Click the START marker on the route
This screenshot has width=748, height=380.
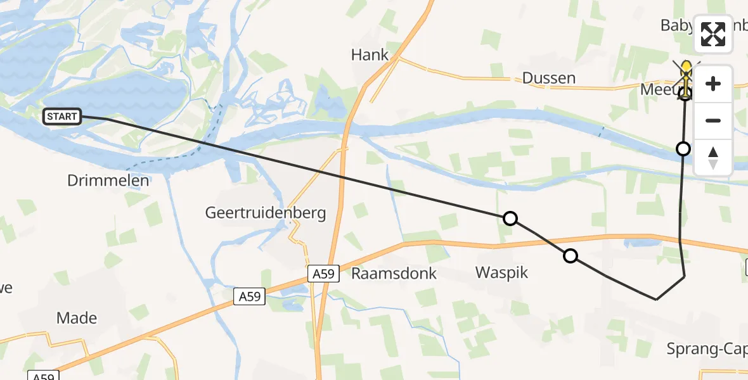[x=62, y=117]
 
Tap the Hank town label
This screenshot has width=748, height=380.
[x=370, y=55]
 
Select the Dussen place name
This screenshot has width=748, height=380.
[x=549, y=78]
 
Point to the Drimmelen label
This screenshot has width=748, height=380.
[x=108, y=180]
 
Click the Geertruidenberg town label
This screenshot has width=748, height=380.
[x=266, y=213]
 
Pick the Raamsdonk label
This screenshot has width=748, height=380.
[x=394, y=274]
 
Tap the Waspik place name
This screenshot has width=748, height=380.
[x=502, y=273]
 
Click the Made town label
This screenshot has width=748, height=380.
[x=77, y=318]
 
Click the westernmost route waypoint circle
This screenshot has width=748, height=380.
[x=510, y=218]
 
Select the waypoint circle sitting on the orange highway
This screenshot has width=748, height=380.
[x=571, y=256]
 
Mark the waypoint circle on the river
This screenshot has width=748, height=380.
[x=683, y=149]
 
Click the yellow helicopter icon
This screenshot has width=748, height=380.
[x=686, y=76]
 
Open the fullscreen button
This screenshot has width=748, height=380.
[x=713, y=34]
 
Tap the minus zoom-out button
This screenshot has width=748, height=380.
[x=713, y=120]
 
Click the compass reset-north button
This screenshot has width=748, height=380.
[x=713, y=157]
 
